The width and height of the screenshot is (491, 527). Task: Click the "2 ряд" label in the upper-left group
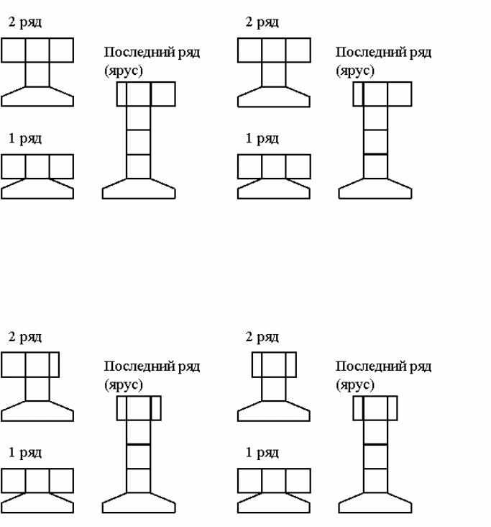pos(25,22)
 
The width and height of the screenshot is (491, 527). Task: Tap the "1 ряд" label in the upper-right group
pos(262,139)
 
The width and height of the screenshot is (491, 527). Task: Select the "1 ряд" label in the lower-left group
pos(25,453)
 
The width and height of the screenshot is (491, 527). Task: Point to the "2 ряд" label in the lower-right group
pos(262,337)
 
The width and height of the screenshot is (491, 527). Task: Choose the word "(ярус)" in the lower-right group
pos(355,384)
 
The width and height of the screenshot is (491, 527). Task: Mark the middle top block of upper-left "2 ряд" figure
pos(37,50)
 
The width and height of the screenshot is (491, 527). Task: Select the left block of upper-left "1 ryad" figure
pos(14,166)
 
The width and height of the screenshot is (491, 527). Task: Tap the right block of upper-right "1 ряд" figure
pos(298,166)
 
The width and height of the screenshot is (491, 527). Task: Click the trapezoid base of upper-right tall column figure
pos(375,189)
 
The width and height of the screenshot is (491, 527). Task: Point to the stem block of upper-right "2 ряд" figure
pos(274,74)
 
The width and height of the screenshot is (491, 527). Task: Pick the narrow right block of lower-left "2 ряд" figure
pos(54,364)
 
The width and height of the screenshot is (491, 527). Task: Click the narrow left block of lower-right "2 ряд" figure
pos(257,364)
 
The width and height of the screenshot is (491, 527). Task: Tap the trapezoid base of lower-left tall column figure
pos(139,502)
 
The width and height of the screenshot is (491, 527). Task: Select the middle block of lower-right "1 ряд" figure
pos(274,480)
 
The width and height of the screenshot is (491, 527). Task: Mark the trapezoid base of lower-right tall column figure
pos(375,502)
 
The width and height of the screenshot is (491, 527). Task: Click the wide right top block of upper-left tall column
pos(163,94)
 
